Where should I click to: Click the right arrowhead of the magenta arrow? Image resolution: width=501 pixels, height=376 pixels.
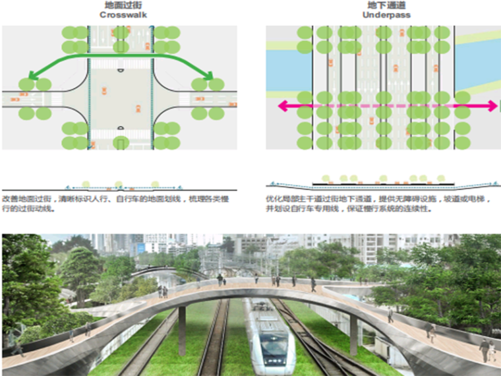click(492, 106)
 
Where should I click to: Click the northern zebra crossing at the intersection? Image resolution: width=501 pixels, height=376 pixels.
click(120, 63)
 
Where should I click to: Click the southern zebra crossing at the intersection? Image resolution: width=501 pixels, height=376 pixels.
click(120, 134)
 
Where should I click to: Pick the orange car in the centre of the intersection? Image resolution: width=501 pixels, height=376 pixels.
click(138, 108)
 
